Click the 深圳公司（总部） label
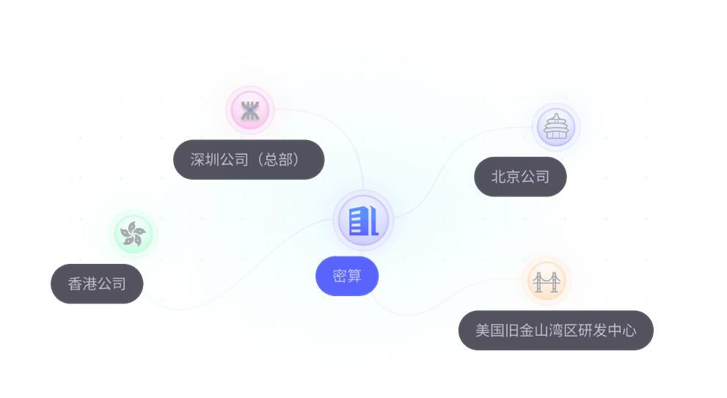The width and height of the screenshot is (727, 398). click(x=249, y=159)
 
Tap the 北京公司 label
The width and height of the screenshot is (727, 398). click(x=520, y=176)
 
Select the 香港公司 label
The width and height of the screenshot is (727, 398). click(x=96, y=284)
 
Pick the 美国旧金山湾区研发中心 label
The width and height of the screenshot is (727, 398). click(x=555, y=330)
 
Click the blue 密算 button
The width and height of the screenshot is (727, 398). click(x=347, y=276)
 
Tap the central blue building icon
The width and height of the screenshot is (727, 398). click(x=363, y=219)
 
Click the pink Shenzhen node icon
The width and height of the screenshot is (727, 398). click(x=250, y=111)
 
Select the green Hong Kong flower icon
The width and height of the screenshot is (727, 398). click(x=133, y=234)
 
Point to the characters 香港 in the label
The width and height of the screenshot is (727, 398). click(x=82, y=284)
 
